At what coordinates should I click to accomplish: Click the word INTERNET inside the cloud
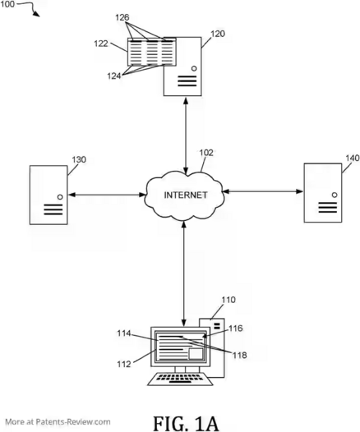coord(186,195)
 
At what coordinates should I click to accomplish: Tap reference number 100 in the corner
coord(7,4)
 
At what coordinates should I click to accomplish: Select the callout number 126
coord(122,17)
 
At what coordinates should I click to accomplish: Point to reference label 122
coord(101,44)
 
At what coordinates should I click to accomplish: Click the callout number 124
coord(114,76)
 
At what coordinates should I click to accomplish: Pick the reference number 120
coord(218,34)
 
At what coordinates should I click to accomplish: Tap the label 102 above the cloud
coord(206,153)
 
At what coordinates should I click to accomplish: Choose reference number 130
coord(79,159)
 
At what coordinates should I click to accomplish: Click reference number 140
coord(353,158)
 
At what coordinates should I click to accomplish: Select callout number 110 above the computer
coord(228,300)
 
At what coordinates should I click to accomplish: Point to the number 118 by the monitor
coord(239,355)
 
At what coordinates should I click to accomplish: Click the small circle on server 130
coord(60,197)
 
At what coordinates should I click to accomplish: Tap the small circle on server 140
coord(335,195)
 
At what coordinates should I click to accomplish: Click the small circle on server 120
coord(194,68)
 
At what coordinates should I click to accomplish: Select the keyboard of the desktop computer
coord(180,379)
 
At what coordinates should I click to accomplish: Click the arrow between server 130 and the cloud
coord(107,195)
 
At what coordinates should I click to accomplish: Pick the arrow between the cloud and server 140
coord(263,191)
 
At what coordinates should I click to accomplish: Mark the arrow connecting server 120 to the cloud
coord(186,136)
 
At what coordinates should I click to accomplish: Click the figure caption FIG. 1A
coord(186,423)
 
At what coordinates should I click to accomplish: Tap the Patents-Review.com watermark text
coord(58,422)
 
